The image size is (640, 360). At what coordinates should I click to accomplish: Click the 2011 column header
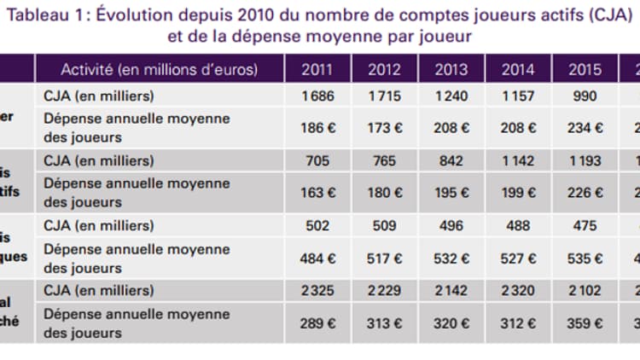pos(317,69)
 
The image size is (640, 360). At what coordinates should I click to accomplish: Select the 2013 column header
pos(451,69)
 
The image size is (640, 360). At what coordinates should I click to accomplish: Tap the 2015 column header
pos(585,69)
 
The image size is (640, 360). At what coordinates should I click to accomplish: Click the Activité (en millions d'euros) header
pos(159,69)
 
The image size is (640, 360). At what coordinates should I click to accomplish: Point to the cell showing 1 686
pos(317,96)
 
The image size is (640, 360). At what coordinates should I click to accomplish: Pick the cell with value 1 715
pos(384,96)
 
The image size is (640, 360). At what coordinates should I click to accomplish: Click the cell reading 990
pos(585,96)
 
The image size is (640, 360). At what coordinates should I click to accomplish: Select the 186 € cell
pos(317,128)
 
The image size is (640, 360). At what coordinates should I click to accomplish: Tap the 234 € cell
pos(585,128)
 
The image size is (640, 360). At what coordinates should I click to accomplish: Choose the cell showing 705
pos(317,160)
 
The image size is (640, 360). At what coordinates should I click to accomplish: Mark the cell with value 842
pos(451,160)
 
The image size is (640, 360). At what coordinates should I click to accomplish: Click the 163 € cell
pos(317,192)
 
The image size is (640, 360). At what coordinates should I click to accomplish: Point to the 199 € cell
pos(518,192)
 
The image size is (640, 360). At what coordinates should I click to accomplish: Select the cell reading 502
pos(317,225)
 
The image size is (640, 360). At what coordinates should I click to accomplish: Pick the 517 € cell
pos(384,257)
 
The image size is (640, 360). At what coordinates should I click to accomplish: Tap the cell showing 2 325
pos(317,290)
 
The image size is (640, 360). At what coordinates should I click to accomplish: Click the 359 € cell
pos(585,322)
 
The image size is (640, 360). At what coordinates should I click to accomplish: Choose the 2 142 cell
pos(451,290)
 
